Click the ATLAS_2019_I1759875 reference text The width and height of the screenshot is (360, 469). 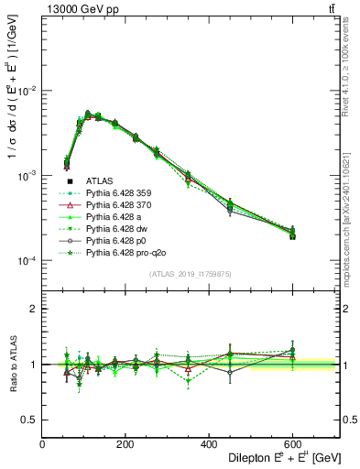pos(191,274)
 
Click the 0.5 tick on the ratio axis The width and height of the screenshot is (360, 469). pos(30,420)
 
